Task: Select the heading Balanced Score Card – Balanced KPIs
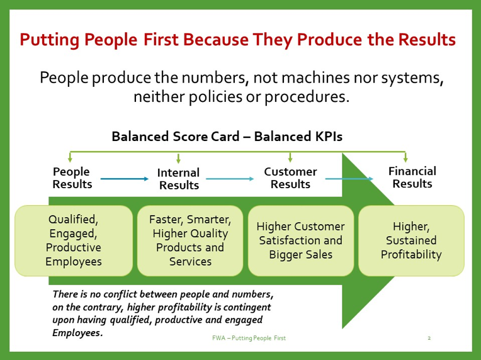(x=227, y=137)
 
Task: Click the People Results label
(x=72, y=178)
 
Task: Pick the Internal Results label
(x=179, y=179)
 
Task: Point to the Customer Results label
(x=290, y=178)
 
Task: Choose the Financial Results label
(x=412, y=177)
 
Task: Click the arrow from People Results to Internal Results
(x=125, y=179)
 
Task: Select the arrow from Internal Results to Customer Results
(x=230, y=179)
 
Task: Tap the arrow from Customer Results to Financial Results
(x=349, y=179)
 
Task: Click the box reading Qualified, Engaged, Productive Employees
(x=74, y=240)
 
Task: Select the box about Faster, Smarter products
(x=190, y=240)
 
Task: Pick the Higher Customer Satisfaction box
(x=301, y=240)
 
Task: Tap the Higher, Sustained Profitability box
(x=411, y=240)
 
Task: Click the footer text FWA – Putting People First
(x=249, y=338)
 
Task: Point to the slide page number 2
(x=429, y=338)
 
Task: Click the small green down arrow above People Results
(x=71, y=157)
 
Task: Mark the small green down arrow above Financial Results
(x=405, y=157)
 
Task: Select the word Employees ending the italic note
(x=77, y=333)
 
